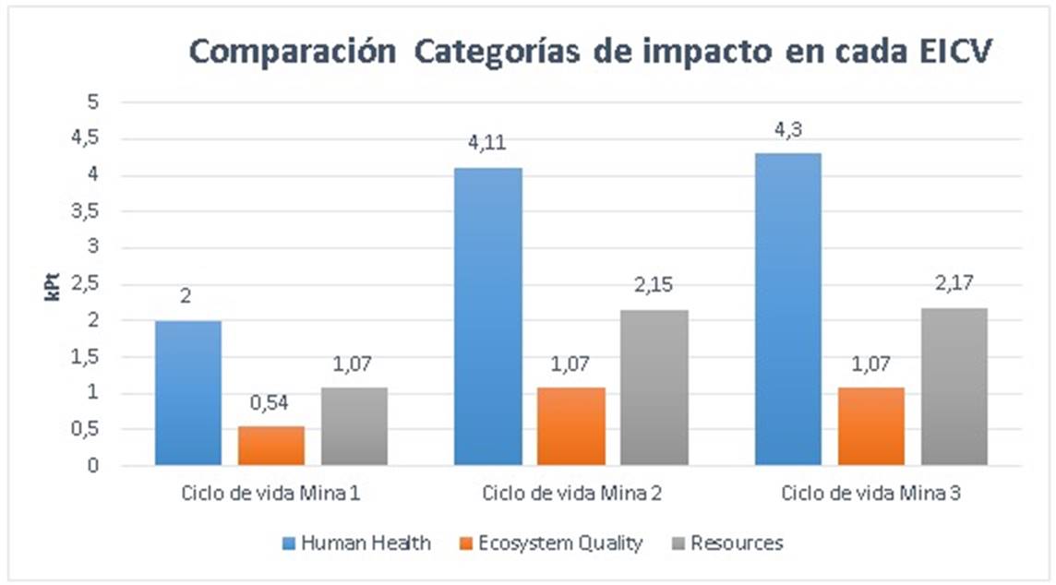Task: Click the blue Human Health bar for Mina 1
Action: [x=188, y=393]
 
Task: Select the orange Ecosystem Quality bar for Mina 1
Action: [x=271, y=446]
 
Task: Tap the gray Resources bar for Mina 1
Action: [x=354, y=426]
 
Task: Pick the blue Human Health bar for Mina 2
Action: [x=487, y=316]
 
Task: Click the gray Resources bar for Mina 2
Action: [x=654, y=388]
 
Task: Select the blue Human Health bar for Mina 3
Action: [x=787, y=309]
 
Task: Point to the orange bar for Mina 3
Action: [x=870, y=426]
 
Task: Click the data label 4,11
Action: [x=487, y=143]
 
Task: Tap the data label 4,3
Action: [x=787, y=129]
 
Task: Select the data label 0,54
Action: [x=271, y=402]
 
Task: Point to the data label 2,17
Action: [x=954, y=284]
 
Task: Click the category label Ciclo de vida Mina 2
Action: [x=571, y=494]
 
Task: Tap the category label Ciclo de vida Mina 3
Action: [x=871, y=494]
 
